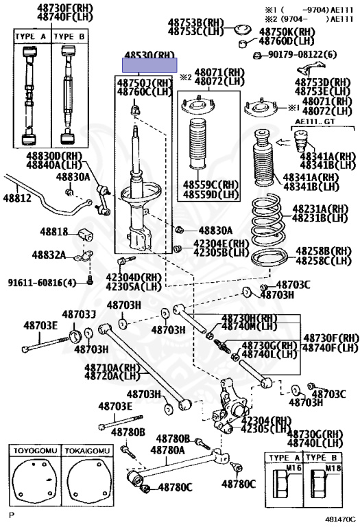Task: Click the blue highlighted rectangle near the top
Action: tap(149, 66)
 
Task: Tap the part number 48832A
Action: tap(48, 255)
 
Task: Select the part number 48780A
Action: tap(168, 449)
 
